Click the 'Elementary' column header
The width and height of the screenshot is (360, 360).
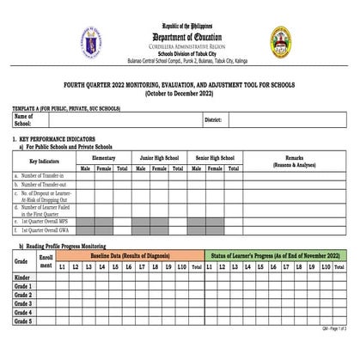point(103,158)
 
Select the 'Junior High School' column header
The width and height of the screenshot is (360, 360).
point(159,158)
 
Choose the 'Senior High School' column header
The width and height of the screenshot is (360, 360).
point(215,158)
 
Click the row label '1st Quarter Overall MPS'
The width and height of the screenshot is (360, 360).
point(47,222)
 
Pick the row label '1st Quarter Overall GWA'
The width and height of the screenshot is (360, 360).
point(47,230)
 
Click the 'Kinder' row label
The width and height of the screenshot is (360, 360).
point(23,278)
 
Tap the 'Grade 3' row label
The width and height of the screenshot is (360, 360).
point(24,303)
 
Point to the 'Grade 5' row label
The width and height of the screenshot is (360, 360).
point(24,321)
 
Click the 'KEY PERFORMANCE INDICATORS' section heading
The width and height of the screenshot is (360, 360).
point(64,139)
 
